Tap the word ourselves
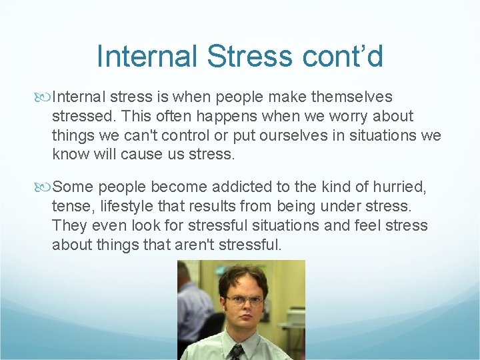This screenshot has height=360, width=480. click(277, 135)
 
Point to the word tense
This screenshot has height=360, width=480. click(70, 207)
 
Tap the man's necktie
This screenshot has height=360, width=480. click(237, 352)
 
